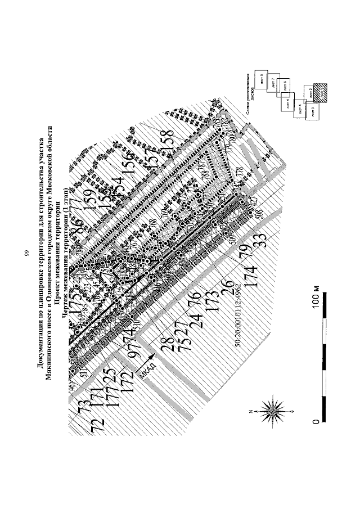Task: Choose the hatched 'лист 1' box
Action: [x=325, y=93]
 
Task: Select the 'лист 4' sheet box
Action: [x=300, y=110]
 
